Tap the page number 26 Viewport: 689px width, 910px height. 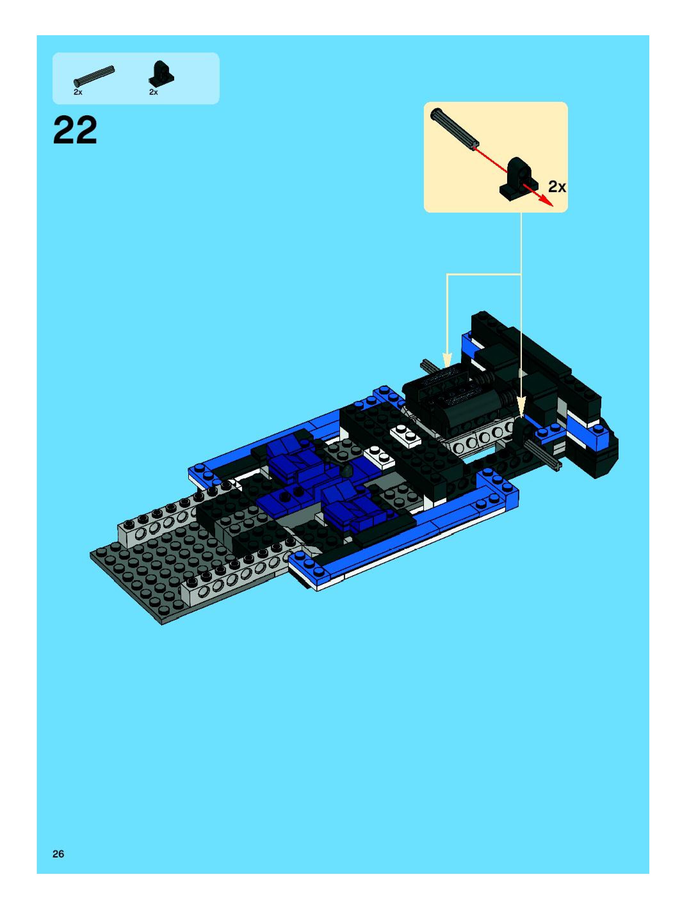tap(58, 854)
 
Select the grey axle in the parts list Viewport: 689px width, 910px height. tap(94, 76)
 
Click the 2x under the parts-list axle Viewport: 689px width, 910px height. tap(78, 93)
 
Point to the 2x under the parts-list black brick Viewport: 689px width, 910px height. tap(153, 93)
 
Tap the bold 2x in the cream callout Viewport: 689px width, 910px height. tap(557, 187)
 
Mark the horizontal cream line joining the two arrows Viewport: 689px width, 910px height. tap(484, 274)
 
